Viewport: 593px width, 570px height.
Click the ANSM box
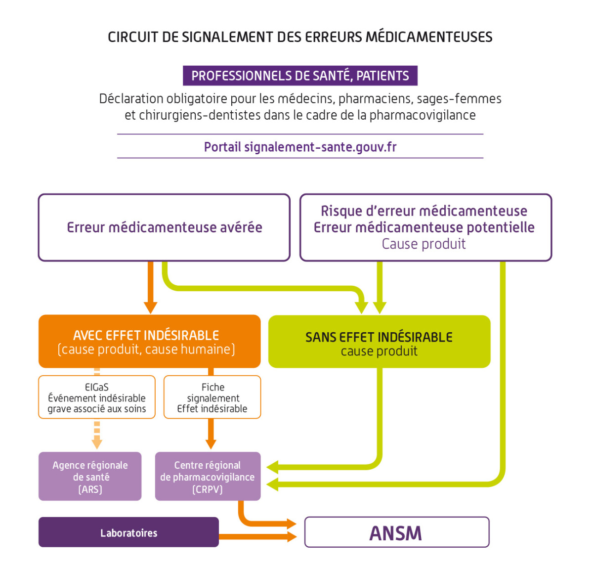396,532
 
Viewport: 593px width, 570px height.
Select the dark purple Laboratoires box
128,532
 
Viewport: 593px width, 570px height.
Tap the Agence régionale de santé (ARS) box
90,477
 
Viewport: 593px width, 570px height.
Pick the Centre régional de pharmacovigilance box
208,477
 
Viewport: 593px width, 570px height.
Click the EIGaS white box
97,397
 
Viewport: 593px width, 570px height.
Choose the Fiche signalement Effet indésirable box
212,397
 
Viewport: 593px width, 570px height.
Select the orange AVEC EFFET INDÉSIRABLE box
149,342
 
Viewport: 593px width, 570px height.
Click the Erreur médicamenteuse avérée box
164,227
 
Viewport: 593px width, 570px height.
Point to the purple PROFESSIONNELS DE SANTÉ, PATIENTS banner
300,76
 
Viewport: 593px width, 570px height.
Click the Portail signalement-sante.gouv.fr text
300,147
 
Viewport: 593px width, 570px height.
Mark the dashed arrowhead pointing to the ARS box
97,442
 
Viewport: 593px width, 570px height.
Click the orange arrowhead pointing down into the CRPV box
211,443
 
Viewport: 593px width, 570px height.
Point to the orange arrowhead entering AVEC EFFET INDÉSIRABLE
150,307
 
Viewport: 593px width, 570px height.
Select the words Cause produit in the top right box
424,244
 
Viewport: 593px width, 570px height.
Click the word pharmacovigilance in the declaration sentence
423,115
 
